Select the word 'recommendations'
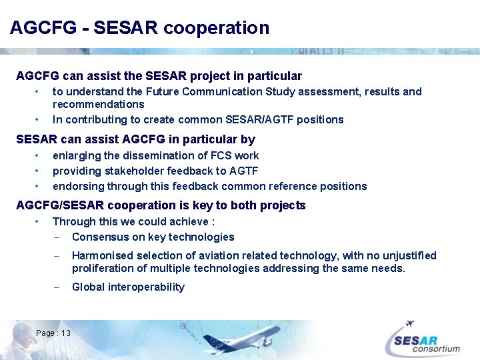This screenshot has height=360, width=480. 98,105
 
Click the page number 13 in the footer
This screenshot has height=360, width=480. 66,333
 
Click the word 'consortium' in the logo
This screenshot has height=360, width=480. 436,348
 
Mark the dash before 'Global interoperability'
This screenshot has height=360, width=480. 57,287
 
